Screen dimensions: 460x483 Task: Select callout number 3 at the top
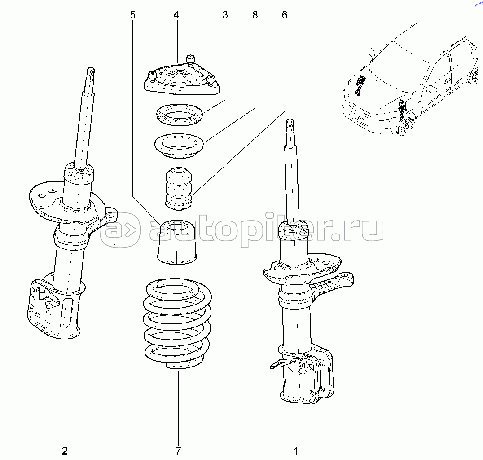point(224,15)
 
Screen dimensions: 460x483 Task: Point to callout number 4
point(176,15)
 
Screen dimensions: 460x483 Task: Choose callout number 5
point(132,15)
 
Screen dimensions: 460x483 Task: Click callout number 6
point(285,15)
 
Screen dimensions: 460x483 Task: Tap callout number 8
point(255,15)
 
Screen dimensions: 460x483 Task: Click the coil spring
point(177,323)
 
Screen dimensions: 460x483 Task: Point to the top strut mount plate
point(182,81)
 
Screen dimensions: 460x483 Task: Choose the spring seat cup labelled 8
point(179,146)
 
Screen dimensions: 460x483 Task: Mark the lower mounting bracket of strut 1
point(310,377)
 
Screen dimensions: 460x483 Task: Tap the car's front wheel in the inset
point(408,126)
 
